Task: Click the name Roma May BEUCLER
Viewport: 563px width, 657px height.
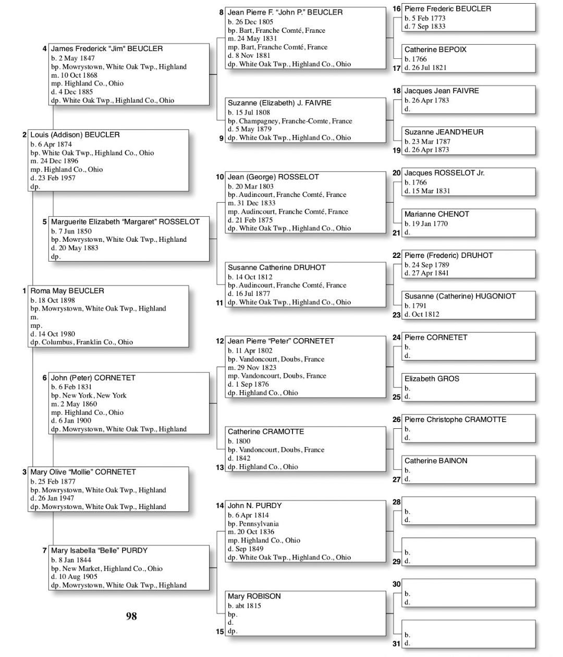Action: point(67,291)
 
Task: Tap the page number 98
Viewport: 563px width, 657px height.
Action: point(131,616)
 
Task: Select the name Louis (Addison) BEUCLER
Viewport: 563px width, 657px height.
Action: point(75,134)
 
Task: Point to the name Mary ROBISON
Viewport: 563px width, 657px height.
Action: point(254,596)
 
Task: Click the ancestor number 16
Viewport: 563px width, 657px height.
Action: point(397,9)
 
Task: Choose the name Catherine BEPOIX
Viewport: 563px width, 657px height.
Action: point(435,49)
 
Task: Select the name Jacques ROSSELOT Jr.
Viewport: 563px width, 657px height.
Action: point(444,172)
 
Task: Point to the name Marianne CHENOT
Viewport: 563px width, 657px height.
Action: point(437,214)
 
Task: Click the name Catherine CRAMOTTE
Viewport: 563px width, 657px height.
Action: point(266,431)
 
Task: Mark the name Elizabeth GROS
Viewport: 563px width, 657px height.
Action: point(432,379)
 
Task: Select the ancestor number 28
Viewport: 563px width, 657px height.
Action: point(397,502)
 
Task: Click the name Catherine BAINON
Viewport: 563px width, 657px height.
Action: point(436,461)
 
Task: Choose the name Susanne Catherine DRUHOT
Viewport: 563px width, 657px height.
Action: point(276,267)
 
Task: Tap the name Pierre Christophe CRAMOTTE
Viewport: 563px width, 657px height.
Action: point(455,419)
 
